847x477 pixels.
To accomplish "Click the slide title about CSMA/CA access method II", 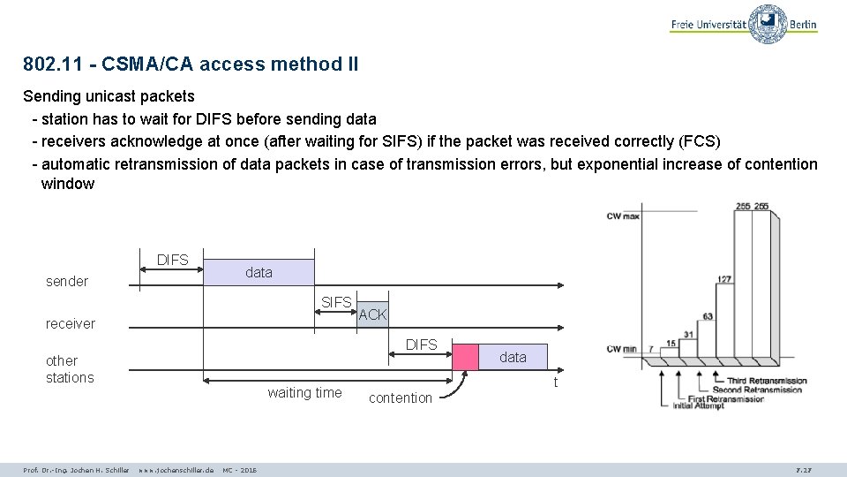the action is tap(191, 64).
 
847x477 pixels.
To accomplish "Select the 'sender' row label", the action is tap(67, 282).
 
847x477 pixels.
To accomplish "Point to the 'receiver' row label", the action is tap(71, 324).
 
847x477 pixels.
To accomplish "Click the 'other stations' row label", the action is tap(69, 369).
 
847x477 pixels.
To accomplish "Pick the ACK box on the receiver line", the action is tap(372, 314).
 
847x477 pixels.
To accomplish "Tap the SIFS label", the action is tap(337, 302).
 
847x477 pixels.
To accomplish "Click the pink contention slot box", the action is tap(465, 355).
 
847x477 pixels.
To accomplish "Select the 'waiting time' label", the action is tap(304, 393).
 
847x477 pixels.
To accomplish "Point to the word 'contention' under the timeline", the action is tap(401, 398).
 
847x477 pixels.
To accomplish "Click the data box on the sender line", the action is tap(259, 272).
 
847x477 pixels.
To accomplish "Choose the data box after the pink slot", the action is tap(513, 357).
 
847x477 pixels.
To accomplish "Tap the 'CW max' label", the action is tap(622, 216).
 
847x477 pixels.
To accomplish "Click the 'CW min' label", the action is tap(621, 349).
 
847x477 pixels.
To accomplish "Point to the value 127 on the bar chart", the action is tap(723, 279).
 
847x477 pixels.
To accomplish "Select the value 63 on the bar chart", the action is tap(708, 315).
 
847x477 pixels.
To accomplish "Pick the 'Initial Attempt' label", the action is tap(696, 406).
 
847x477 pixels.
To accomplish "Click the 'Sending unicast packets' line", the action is tap(109, 95).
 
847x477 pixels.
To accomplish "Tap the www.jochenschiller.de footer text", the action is tap(176, 469).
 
